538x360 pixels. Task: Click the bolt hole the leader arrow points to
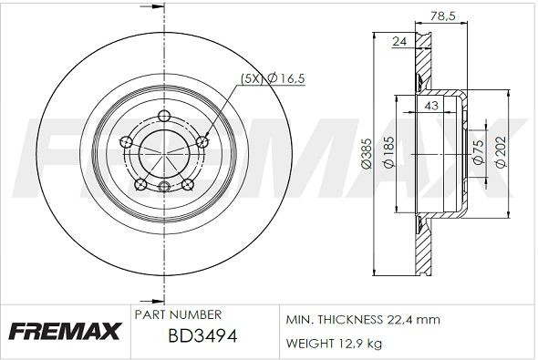point(202,141)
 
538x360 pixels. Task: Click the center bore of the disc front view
point(163,151)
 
